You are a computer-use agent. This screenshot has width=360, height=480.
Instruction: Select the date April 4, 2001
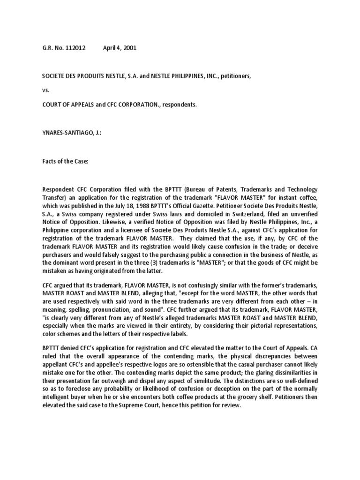(120, 48)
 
